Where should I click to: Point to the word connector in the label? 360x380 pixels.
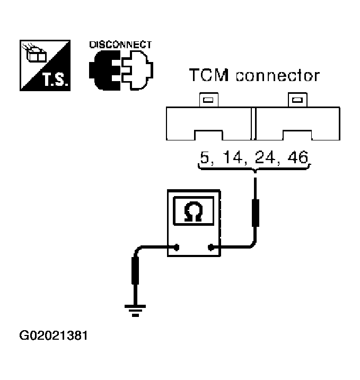coord(277,75)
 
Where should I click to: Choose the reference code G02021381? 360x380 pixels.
coord(54,336)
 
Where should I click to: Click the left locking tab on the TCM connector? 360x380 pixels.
coord(207,99)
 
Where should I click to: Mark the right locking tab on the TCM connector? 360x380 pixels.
coord(296,99)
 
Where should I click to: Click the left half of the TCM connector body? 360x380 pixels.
coord(209,122)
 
